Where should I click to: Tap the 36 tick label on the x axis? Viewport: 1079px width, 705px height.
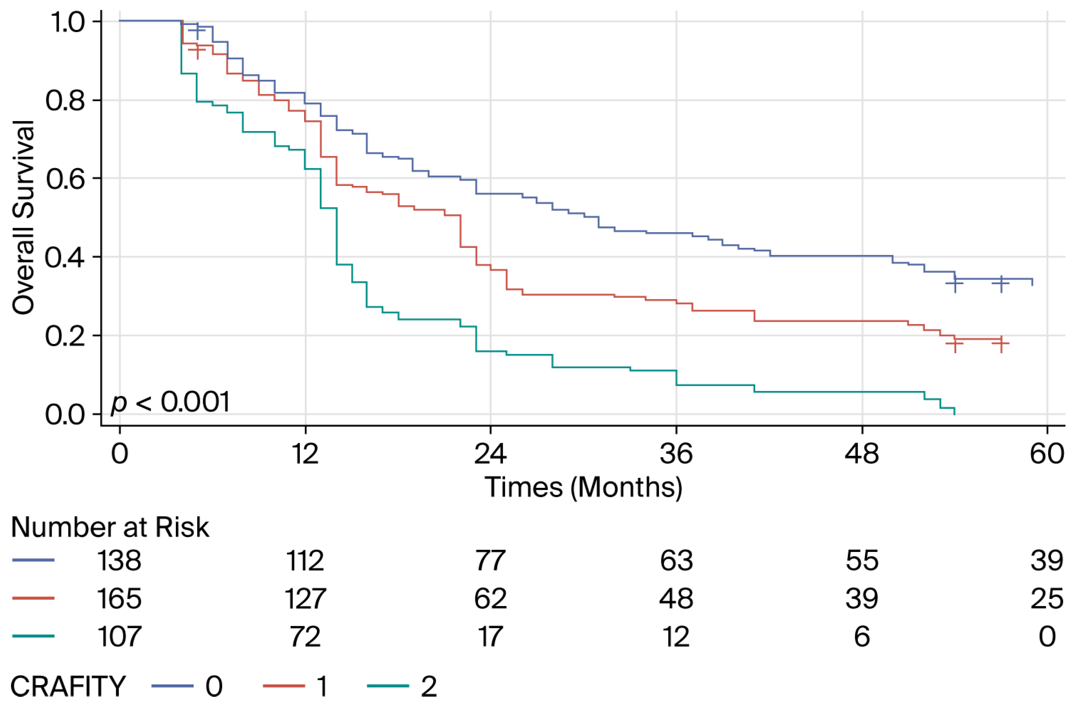coord(676,454)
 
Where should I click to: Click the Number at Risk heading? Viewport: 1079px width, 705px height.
coord(110,527)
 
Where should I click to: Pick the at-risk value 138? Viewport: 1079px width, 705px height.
coord(120,560)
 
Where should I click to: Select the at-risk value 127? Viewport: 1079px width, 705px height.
coord(305,599)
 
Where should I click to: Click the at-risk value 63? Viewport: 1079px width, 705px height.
coord(676,560)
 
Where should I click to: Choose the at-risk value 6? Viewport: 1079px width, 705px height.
coord(862,637)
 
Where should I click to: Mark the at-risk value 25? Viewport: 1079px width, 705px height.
coord(1047,599)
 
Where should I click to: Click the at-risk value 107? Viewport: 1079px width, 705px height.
coord(120,637)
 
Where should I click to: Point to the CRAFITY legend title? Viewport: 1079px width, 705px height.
coord(68,686)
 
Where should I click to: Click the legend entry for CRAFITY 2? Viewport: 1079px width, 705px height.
coord(402,686)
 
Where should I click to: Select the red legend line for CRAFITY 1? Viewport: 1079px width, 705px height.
coord(284,686)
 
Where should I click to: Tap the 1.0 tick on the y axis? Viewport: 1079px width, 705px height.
coord(67,22)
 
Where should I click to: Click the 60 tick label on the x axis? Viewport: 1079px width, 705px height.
coord(1047,454)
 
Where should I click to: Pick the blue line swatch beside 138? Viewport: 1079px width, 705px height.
coord(33,560)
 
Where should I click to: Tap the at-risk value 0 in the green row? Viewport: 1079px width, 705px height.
coord(1047,637)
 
